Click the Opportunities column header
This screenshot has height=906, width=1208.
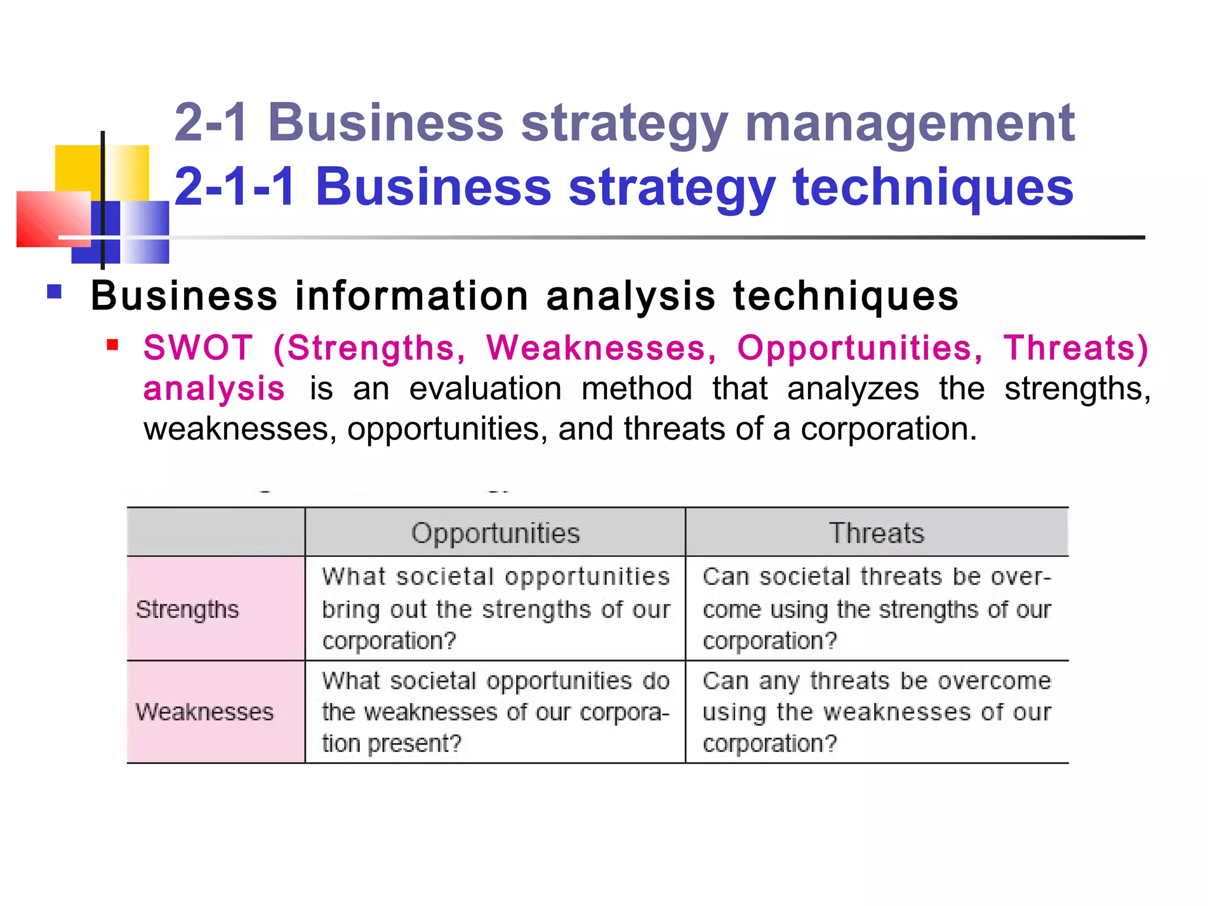tap(495, 533)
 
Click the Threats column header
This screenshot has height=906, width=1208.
tap(877, 533)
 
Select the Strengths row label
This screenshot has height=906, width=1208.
tap(188, 609)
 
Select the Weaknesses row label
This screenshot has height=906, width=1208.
tap(205, 712)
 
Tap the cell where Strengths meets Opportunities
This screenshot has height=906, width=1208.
tap(495, 609)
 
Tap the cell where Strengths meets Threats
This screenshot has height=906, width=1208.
tap(877, 609)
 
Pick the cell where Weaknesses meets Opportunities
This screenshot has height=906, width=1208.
tap(495, 712)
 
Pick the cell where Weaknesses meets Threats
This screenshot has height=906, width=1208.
tap(877, 712)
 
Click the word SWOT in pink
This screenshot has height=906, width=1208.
tap(198, 347)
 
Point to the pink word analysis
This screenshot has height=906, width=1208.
tap(214, 389)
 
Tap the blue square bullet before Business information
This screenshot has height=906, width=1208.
tap(54, 292)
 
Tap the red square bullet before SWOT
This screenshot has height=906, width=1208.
tap(113, 344)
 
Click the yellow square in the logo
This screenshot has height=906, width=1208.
tap(77, 168)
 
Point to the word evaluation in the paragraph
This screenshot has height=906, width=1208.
tap(485, 389)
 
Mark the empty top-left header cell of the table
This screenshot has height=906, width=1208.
tap(216, 532)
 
